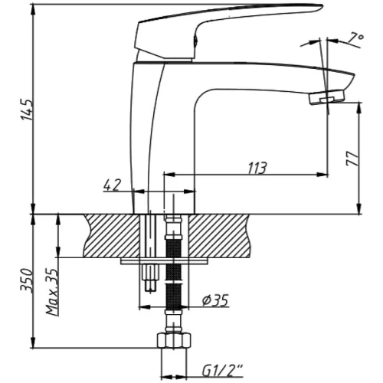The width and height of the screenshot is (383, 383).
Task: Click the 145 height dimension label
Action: (27, 110)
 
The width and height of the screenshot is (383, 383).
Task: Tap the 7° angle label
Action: (355, 39)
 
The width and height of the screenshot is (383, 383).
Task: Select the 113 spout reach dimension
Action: (257, 168)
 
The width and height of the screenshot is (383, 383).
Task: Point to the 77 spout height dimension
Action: (352, 159)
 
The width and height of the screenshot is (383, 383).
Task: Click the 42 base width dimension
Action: (112, 185)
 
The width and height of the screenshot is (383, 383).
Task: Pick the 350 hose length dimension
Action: (27, 280)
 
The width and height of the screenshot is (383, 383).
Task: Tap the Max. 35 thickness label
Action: (52, 291)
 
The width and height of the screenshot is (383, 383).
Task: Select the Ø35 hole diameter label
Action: (215, 300)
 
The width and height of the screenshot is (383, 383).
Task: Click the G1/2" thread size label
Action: (222, 371)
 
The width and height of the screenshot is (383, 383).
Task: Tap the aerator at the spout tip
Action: (327, 97)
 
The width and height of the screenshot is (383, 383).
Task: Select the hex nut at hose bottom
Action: (174, 340)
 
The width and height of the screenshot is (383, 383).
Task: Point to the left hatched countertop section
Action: (113, 236)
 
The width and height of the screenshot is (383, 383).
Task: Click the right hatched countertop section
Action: (220, 236)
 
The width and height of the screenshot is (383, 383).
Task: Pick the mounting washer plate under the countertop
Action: (164, 261)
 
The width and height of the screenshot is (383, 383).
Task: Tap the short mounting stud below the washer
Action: (150, 278)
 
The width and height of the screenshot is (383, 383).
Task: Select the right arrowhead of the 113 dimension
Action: (322, 175)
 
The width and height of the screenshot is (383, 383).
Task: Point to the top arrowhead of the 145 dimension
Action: (34, 11)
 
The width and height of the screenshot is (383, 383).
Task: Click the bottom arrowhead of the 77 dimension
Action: (359, 208)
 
